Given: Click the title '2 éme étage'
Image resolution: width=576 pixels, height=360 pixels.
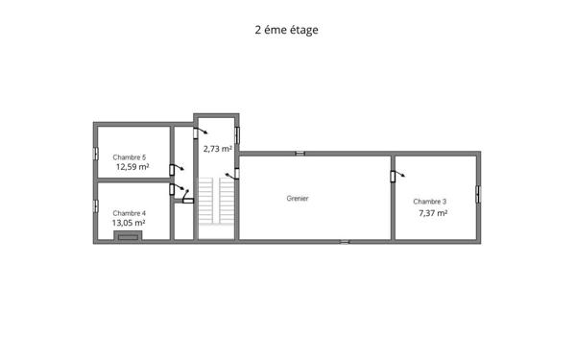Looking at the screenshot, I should [x=286, y=30].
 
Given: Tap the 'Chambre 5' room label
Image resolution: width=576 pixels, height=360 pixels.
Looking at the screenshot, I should [x=130, y=156].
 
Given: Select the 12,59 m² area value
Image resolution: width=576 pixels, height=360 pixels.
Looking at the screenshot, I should [x=132, y=166].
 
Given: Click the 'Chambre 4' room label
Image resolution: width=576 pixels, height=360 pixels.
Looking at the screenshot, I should [x=130, y=212].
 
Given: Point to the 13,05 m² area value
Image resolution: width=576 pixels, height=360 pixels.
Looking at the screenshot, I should [x=129, y=223].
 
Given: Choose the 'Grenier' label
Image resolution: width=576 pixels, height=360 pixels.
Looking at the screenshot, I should [x=298, y=198].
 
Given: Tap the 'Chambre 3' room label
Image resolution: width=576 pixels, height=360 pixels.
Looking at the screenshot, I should [x=430, y=202].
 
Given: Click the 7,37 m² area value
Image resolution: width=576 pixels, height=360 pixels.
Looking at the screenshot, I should [x=433, y=213].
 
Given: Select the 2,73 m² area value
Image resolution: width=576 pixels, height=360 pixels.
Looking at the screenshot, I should [x=217, y=149].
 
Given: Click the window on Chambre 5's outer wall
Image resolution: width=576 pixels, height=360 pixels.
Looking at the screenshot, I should [x=95, y=153].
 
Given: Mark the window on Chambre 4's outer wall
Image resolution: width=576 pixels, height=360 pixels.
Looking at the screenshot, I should [x=95, y=207].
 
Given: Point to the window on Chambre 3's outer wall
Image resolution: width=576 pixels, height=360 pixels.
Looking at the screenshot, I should [x=478, y=193].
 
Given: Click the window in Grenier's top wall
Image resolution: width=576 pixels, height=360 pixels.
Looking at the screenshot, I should [x=300, y=152].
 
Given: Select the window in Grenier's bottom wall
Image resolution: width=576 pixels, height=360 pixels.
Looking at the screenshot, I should [x=345, y=241].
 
